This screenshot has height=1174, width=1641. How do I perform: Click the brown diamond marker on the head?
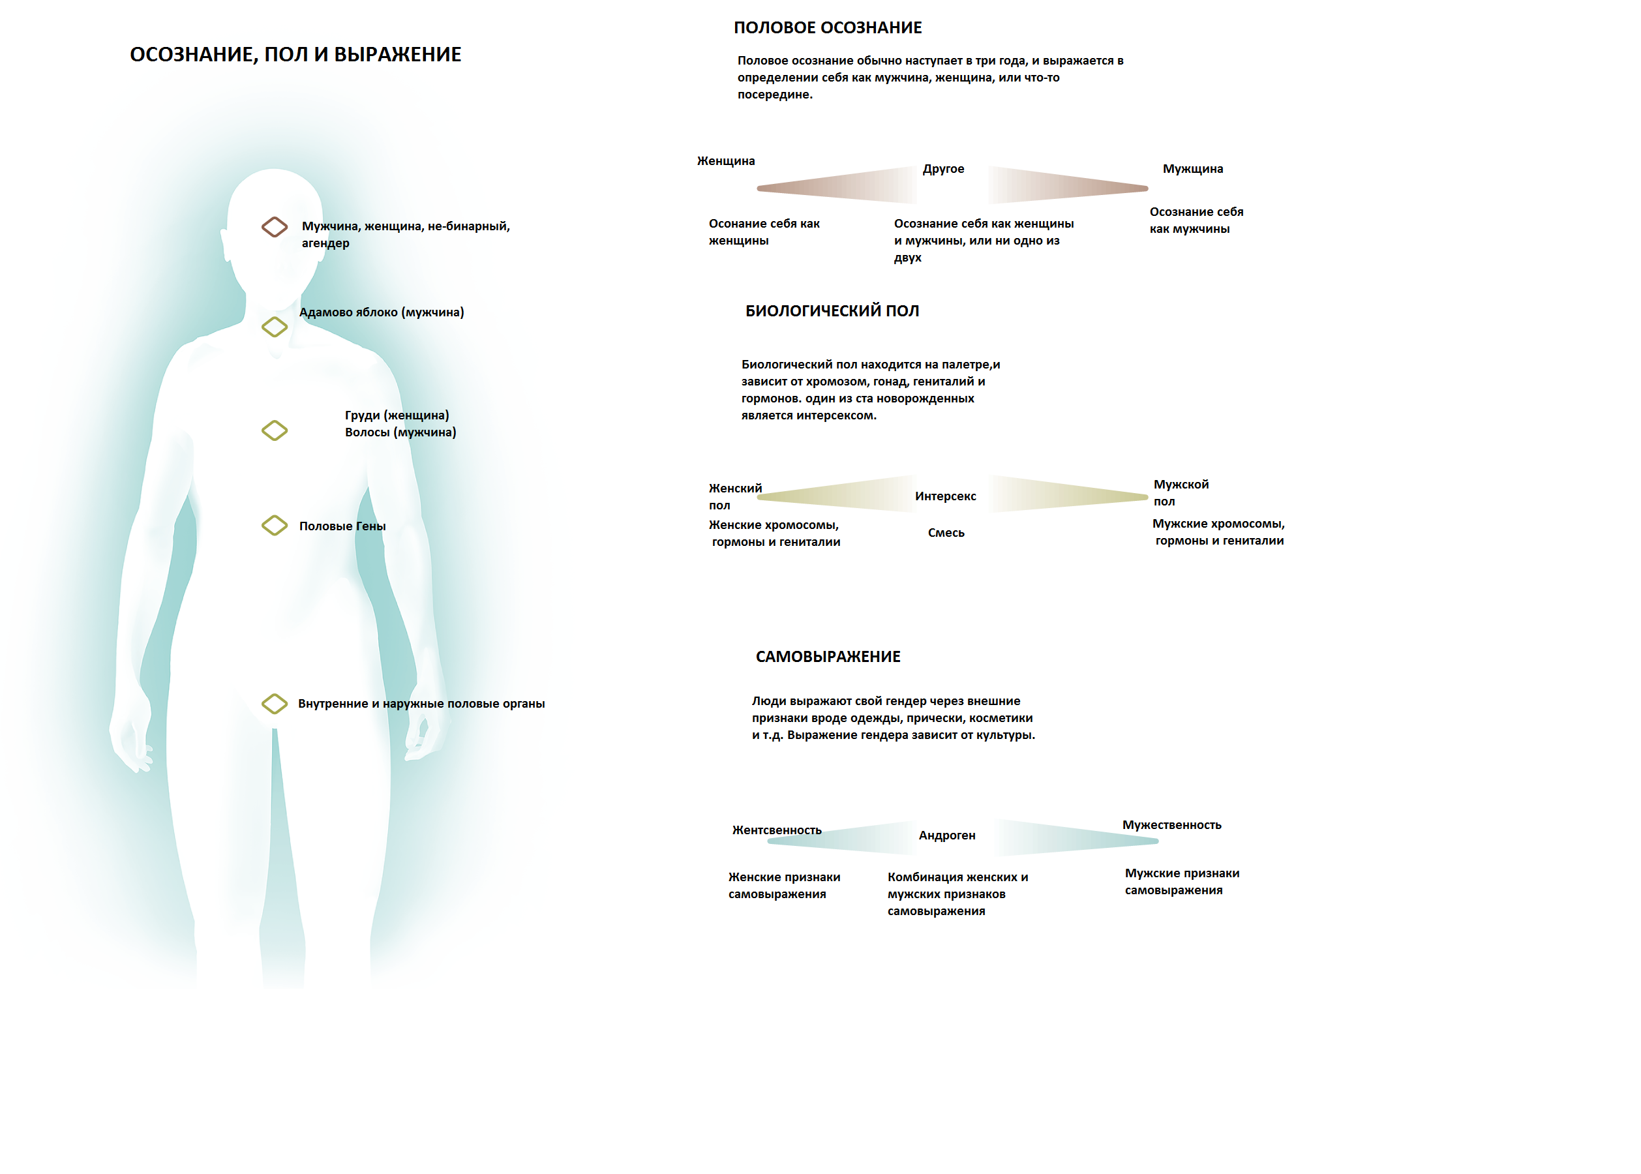tap(274, 227)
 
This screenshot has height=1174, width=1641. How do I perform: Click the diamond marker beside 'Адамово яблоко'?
tap(274, 327)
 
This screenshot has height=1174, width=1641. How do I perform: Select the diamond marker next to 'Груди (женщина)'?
tap(274, 431)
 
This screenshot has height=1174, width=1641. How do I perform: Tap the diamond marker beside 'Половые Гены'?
tap(274, 526)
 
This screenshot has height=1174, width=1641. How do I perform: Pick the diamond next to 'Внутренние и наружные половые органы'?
tap(274, 703)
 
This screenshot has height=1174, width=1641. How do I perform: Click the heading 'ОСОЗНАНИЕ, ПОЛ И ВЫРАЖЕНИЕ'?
tap(295, 54)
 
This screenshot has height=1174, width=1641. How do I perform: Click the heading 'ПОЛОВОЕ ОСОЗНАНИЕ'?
tap(827, 27)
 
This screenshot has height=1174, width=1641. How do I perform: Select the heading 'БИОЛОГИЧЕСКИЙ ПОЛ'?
tap(832, 311)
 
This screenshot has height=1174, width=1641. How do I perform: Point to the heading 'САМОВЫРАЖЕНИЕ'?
tap(828, 656)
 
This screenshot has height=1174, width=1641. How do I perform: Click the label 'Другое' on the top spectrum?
tap(942, 168)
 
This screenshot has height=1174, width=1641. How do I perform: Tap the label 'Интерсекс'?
tap(945, 496)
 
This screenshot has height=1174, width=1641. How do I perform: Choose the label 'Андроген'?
tap(946, 835)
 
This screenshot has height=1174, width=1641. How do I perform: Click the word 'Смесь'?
tap(946, 533)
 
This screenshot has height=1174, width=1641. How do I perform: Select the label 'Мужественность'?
tap(1171, 825)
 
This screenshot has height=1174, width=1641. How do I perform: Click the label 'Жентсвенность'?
tap(776, 830)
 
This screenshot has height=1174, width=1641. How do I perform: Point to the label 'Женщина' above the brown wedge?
tap(725, 160)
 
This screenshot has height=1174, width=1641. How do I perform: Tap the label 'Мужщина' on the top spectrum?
tap(1192, 168)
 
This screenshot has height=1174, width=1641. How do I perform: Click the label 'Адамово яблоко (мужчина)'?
tap(381, 312)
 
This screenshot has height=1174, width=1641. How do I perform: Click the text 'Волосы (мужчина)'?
tap(400, 432)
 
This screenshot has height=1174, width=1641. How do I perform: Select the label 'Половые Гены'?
tap(342, 526)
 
